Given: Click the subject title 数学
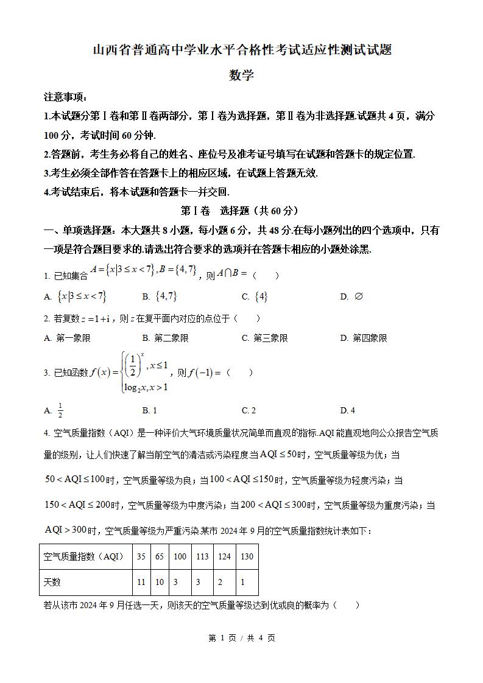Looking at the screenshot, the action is pyautogui.click(x=241, y=75).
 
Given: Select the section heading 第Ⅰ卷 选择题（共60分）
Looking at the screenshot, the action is pyautogui.click(x=241, y=211).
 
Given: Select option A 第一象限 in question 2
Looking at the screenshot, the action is pyautogui.click(x=68, y=338).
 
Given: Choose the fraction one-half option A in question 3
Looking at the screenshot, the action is pyautogui.click(x=60, y=411).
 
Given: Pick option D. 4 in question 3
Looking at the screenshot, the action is pyautogui.click(x=348, y=410).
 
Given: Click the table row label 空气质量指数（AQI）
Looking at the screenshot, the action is pyautogui.click(x=84, y=556).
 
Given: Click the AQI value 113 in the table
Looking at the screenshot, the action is pyautogui.click(x=202, y=556).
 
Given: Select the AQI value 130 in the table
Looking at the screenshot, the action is pyautogui.click(x=247, y=556).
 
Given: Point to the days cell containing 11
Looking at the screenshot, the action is pyautogui.click(x=141, y=582).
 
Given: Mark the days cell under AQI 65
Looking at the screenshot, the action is pyautogui.click(x=160, y=582).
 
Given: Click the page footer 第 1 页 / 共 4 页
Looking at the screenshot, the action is pyautogui.click(x=241, y=638).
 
